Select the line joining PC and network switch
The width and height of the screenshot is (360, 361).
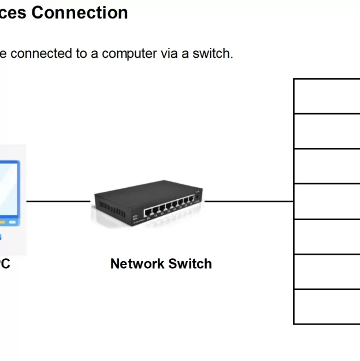click(x=58, y=202)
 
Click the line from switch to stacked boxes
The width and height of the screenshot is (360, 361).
click(x=248, y=202)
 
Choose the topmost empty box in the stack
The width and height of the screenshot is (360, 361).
click(x=327, y=96)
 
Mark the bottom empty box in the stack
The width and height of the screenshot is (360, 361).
click(x=327, y=307)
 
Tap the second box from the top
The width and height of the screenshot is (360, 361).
click(x=327, y=131)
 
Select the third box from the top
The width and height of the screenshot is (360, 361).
click(x=327, y=166)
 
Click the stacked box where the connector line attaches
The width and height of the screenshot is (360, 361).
click(x=327, y=202)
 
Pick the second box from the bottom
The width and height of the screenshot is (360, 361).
click(x=327, y=271)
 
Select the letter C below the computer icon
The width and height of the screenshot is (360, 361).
click(x=5, y=264)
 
